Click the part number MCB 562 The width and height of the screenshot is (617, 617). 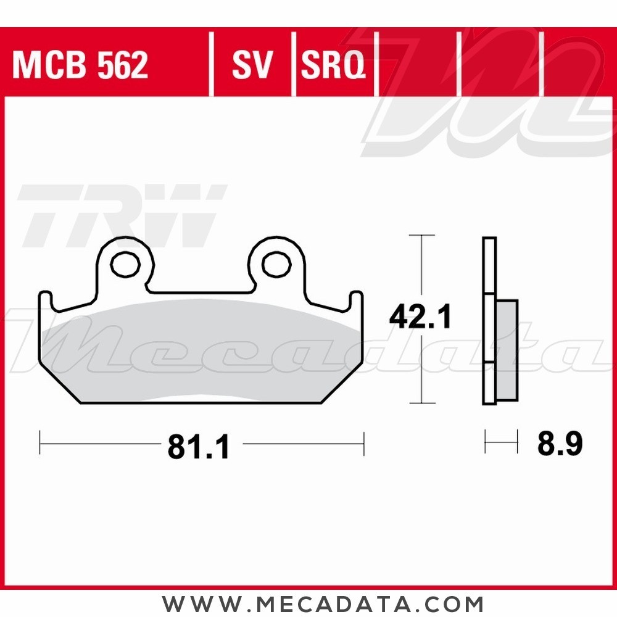(x=80, y=65)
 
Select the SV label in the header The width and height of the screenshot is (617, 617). (x=252, y=65)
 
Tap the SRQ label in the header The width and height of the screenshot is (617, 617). (x=333, y=65)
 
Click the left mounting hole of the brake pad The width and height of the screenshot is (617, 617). (x=125, y=264)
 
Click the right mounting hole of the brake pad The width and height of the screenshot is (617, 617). (x=276, y=264)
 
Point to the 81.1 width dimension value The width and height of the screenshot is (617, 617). (x=198, y=446)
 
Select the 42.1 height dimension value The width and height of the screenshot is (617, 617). (x=420, y=318)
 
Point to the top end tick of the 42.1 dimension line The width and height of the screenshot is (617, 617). (x=422, y=235)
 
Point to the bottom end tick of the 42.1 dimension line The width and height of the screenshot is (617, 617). (x=422, y=404)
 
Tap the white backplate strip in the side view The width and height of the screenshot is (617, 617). (x=489, y=321)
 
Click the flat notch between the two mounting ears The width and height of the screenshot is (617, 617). (x=201, y=291)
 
